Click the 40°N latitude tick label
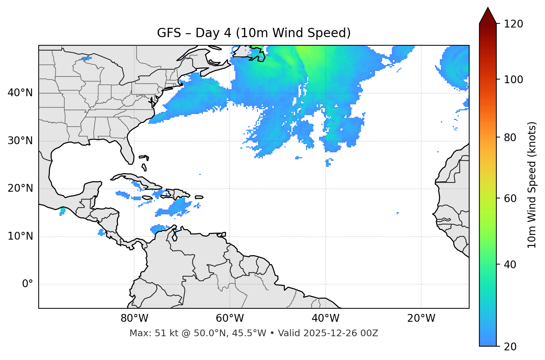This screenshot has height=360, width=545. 20,93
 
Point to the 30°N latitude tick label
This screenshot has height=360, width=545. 20,141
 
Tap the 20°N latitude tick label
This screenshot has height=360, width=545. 20,188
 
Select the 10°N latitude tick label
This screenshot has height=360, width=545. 20,236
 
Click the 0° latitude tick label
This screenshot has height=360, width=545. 28,284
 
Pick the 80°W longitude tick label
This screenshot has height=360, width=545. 134,318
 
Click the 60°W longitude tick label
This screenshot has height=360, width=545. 230,318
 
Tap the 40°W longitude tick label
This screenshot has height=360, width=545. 325,318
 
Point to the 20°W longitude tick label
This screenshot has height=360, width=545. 421,318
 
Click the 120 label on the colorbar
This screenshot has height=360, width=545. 513,24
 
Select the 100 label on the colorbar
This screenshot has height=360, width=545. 513,80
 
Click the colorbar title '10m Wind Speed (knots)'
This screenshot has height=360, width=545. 532,185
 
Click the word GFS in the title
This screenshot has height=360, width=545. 168,33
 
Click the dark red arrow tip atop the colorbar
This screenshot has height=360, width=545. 488,15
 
